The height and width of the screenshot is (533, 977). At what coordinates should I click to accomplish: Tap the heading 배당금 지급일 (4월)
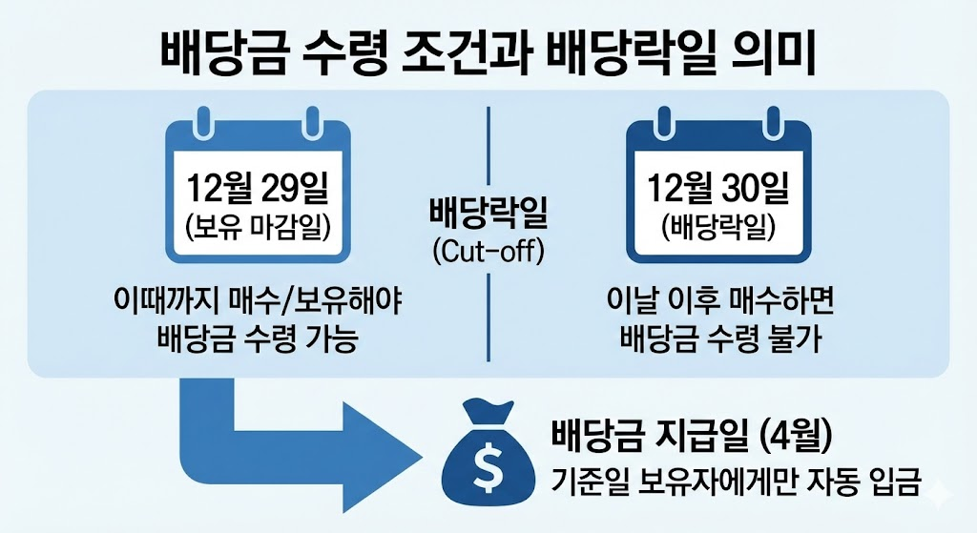click(x=694, y=438)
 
